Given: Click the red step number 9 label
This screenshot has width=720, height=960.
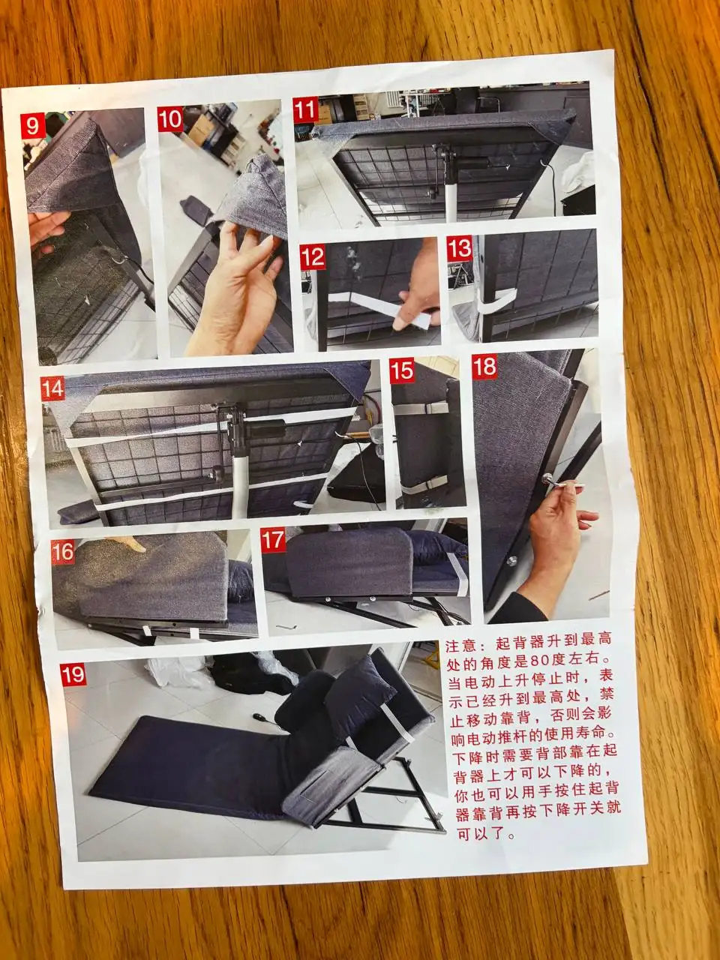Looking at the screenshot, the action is [33, 126].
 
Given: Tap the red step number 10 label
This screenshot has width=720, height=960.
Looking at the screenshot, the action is [170, 119].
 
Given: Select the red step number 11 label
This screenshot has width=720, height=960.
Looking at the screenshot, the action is [305, 109].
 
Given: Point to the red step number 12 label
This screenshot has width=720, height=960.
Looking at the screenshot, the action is [313, 257].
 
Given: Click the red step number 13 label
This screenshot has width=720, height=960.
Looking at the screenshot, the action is [460, 248].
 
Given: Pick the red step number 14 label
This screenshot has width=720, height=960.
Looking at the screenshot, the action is [53, 388].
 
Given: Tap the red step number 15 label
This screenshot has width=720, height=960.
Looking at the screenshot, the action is [402, 371].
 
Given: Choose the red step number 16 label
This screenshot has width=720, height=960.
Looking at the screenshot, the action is [63, 552].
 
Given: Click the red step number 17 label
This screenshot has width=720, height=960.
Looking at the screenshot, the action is [273, 540].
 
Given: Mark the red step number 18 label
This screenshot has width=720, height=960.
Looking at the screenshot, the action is [484, 366].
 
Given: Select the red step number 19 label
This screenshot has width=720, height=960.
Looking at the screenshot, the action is [73, 674].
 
